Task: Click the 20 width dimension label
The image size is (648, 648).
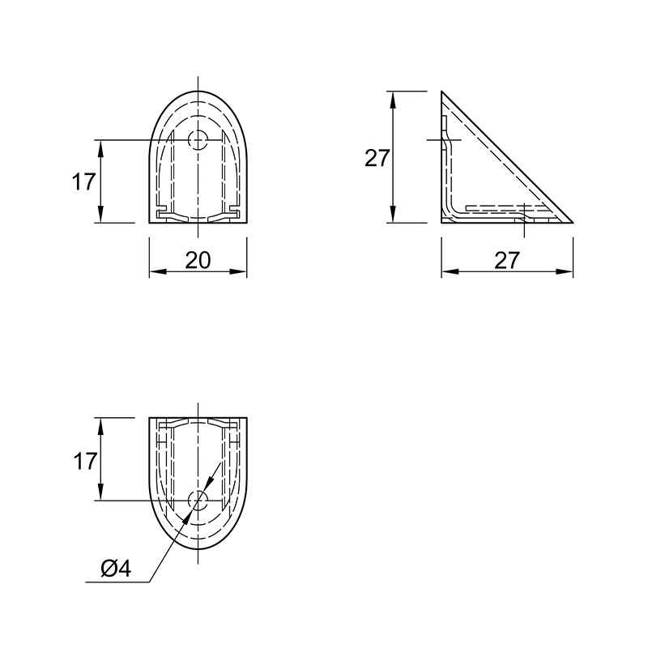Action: click(x=198, y=260)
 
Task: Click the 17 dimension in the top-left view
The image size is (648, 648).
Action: click(x=84, y=181)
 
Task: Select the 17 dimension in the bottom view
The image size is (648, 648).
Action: click(x=85, y=461)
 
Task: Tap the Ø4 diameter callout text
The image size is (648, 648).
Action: click(x=116, y=569)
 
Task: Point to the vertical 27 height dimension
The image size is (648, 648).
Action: click(x=377, y=158)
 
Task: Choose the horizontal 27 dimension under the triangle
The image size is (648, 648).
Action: click(x=507, y=260)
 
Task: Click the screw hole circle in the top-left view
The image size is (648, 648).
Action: click(x=198, y=140)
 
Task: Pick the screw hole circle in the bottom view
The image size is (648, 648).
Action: click(x=198, y=501)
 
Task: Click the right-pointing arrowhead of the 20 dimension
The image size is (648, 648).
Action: click(x=238, y=271)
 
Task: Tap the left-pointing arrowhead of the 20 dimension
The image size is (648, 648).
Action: click(x=157, y=271)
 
